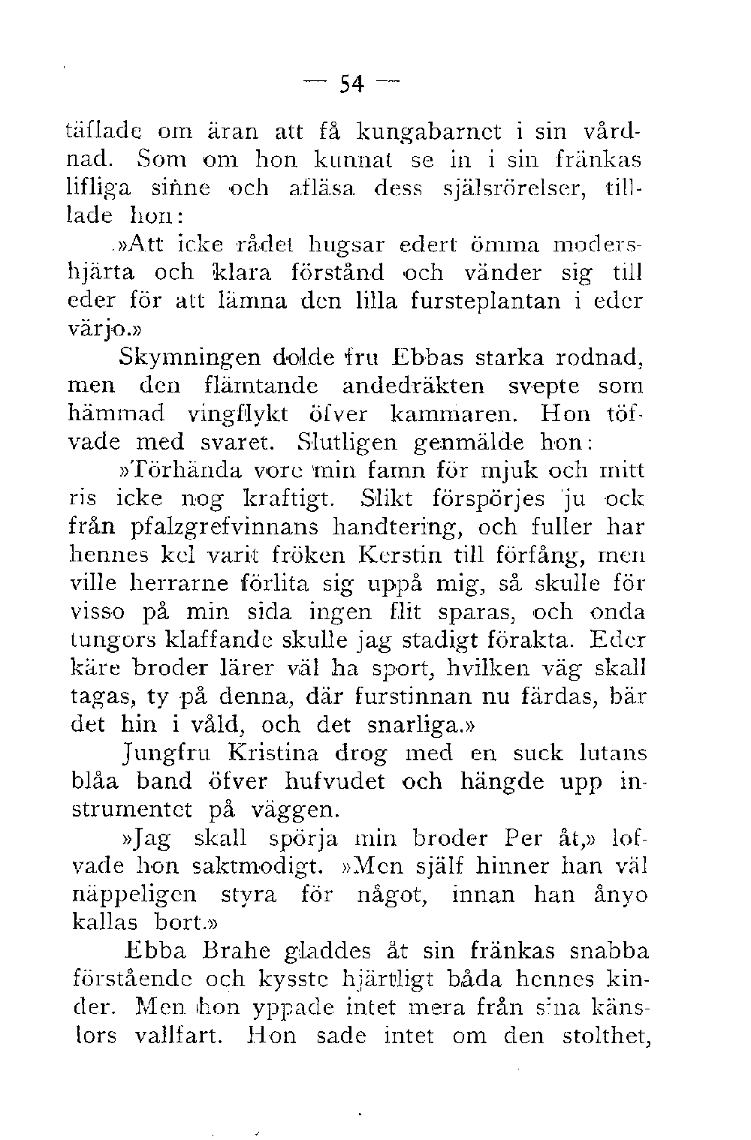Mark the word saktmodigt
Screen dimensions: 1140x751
(x=259, y=866)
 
